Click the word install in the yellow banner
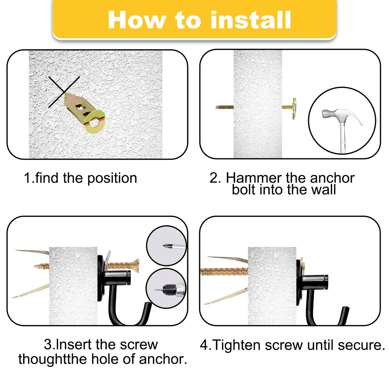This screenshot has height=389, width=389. coord(250,20)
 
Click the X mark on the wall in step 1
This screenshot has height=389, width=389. coord(64,92)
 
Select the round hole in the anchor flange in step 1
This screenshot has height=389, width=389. coord(94,123)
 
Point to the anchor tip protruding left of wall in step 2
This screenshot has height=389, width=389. coord(224,107)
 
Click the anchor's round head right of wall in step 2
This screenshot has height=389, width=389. coord(294,108)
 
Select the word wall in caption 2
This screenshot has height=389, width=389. coord(323,190)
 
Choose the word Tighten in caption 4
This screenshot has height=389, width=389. coord(237,345)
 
